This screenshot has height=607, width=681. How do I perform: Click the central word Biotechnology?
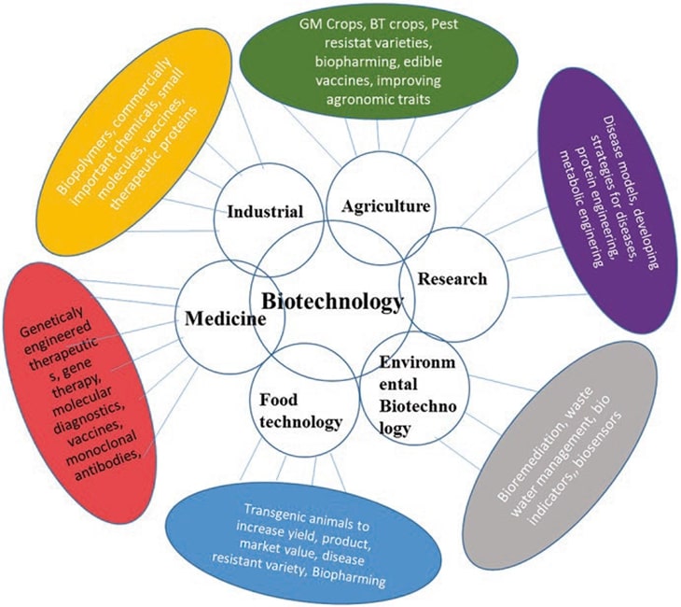point(332,303)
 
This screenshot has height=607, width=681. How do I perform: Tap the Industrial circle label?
point(266,212)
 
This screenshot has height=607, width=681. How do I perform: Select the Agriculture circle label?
point(385,205)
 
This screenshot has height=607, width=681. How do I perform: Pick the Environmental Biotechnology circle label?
point(408,393)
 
